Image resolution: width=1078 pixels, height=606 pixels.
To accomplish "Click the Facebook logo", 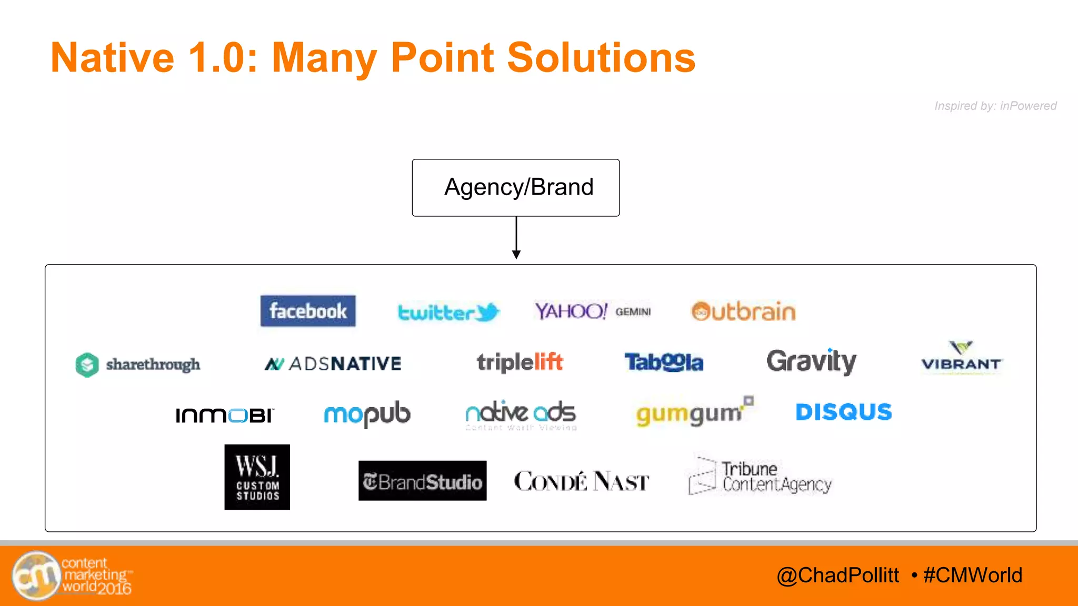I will pos(308,311).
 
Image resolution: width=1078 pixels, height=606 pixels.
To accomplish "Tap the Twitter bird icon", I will pos(487,312).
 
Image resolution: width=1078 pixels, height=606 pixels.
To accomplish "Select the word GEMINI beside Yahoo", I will pos(633,312).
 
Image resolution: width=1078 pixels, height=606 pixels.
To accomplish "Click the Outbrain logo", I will pos(743,311).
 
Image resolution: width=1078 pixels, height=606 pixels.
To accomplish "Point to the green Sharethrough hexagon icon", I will pos(87,365).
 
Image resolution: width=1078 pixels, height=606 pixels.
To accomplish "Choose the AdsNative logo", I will pos(333,363).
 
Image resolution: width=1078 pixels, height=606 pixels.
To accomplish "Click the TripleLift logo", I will pos(520,362).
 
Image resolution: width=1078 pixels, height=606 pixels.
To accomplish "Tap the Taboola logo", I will pos(664,362).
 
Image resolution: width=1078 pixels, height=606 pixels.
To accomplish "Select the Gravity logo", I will pos(811,361).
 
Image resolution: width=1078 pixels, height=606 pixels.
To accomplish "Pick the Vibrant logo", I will pos(961,358).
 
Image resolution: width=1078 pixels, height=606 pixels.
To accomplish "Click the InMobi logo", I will pos(225,415).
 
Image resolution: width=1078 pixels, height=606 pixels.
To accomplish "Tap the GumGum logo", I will pos(694,412).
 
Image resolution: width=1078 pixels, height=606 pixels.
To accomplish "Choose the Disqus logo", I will pos(843,412).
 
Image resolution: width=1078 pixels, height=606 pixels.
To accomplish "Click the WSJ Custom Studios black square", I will pos(257,477).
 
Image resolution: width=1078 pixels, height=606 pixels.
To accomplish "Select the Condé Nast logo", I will pos(581,481).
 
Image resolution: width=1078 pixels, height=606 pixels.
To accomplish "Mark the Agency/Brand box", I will pos(516,188).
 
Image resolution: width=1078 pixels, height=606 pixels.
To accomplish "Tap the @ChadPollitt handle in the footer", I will pos(837,575).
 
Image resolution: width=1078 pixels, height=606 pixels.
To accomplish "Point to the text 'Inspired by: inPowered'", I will pos(995,106).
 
